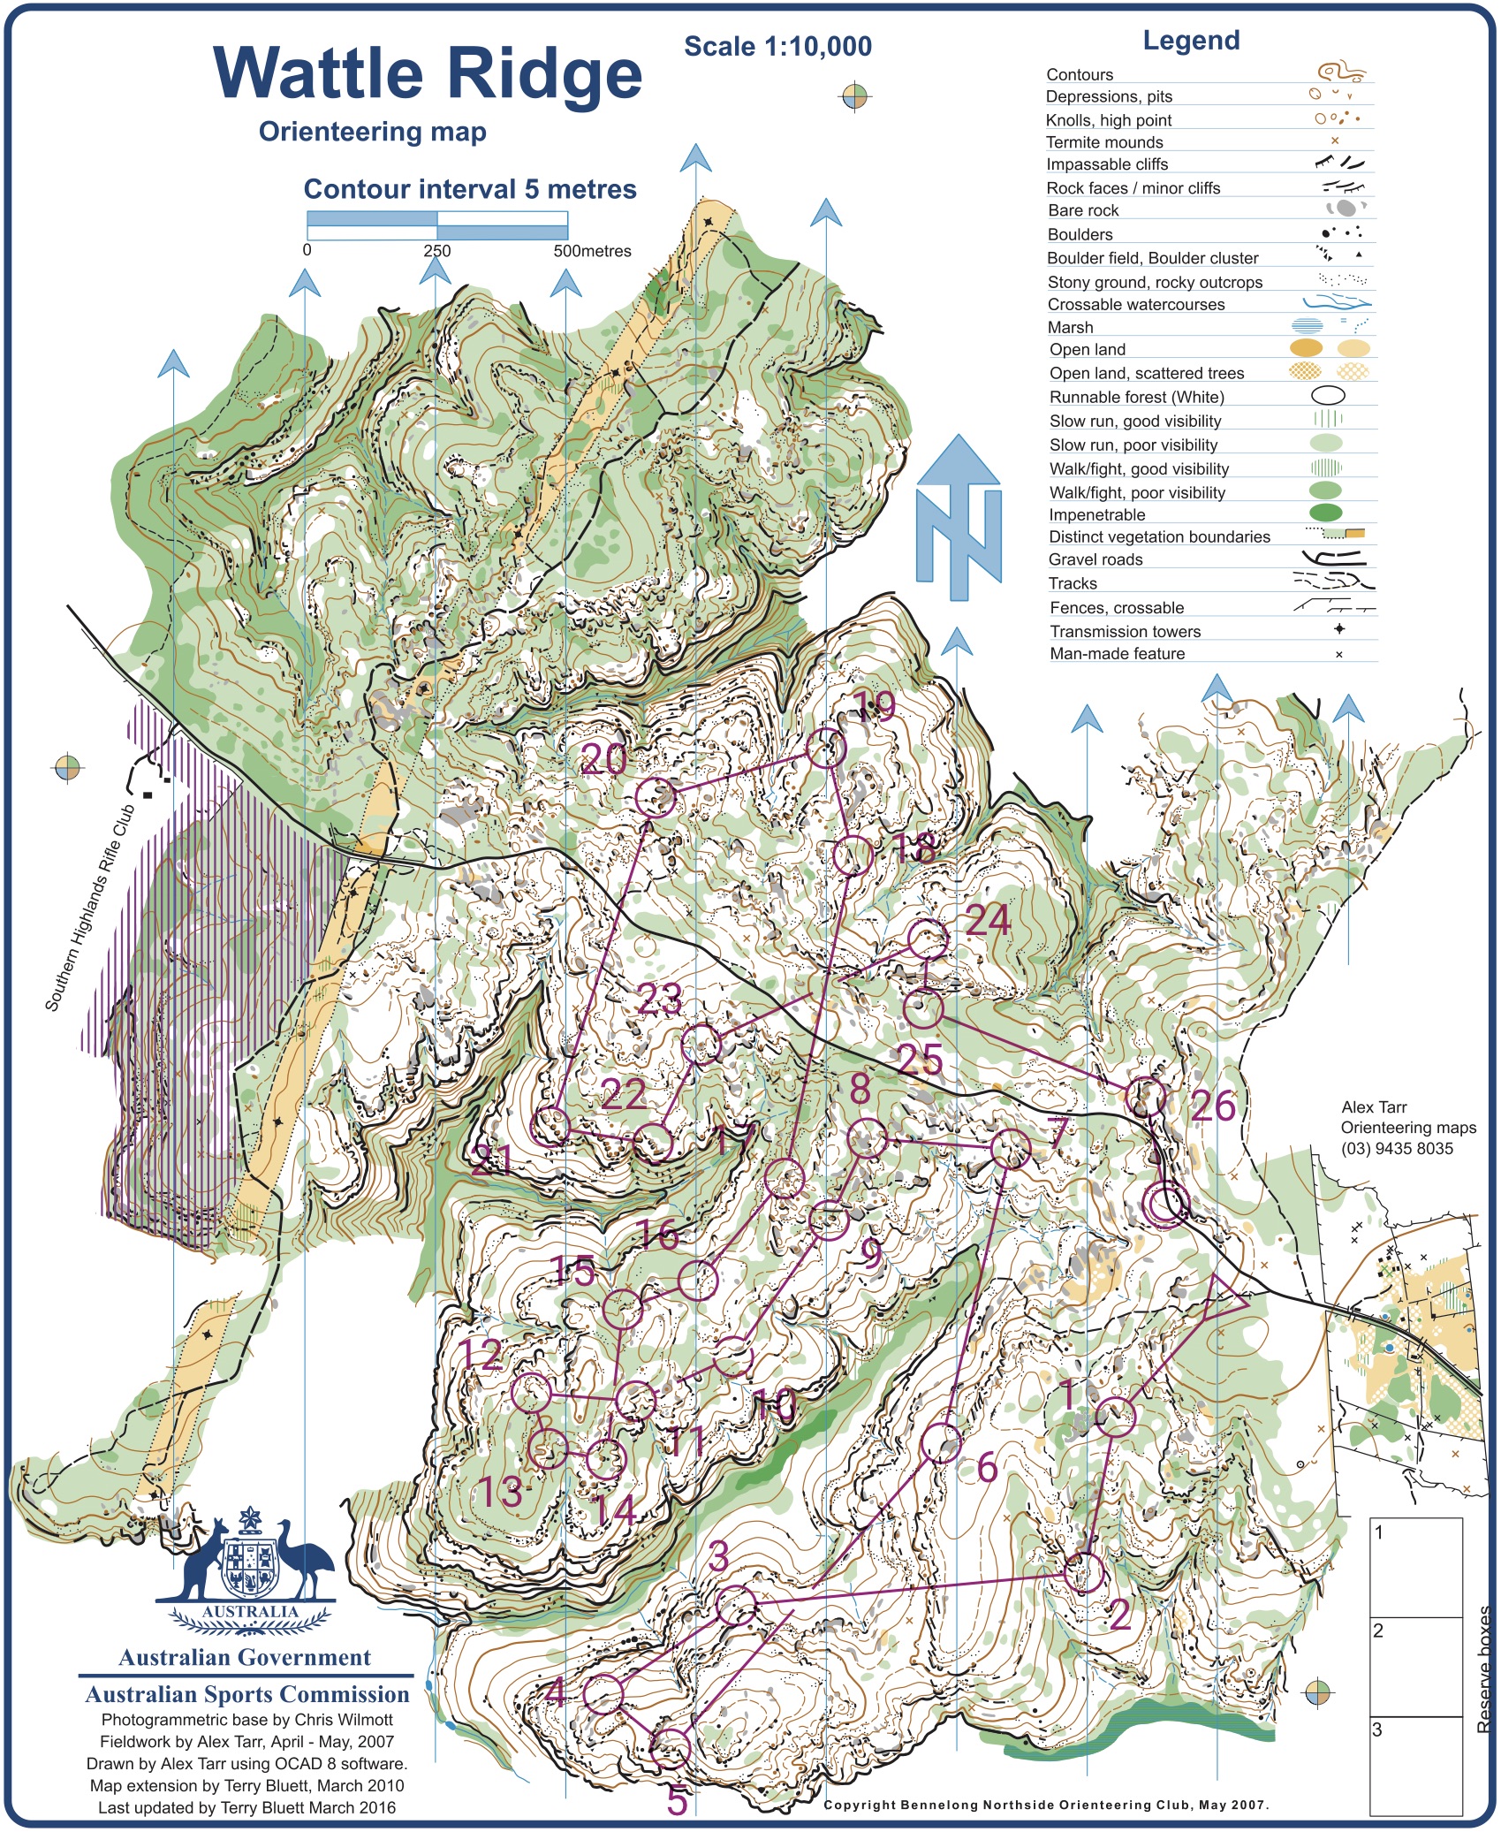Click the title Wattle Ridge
click(428, 73)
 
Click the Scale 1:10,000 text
click(777, 47)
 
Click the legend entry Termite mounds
click(1104, 142)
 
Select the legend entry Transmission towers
click(1125, 631)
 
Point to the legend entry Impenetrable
click(1096, 514)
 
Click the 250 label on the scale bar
click(436, 251)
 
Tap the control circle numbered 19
click(826, 749)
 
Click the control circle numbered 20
click(656, 798)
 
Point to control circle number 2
click(1084, 1573)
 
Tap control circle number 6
click(941, 1443)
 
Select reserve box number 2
click(1415, 1665)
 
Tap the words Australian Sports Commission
click(247, 1694)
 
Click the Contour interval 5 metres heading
click(469, 189)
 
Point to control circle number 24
click(928, 939)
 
